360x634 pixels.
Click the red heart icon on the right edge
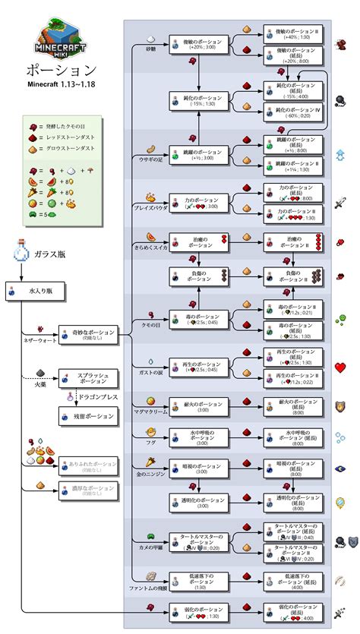pyautogui.click(x=340, y=367)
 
